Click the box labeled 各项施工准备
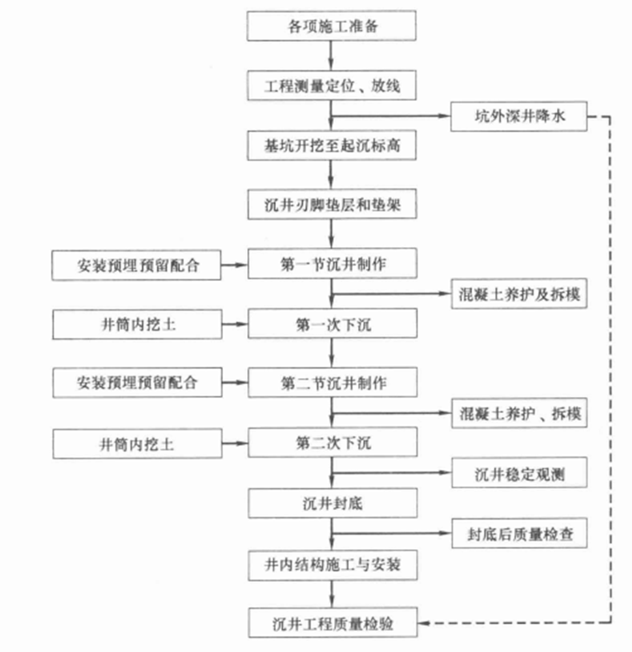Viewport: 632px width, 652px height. pyautogui.click(x=332, y=27)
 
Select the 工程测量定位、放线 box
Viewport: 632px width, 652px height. pyautogui.click(x=332, y=85)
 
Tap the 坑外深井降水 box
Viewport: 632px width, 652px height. pyautogui.click(x=519, y=117)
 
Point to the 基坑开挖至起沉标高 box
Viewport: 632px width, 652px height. pyautogui.click(x=332, y=145)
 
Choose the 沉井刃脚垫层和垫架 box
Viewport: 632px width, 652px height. pyautogui.click(x=332, y=205)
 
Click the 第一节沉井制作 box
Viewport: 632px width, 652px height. pyautogui.click(x=332, y=265)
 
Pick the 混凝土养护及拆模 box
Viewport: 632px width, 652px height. pyautogui.click(x=519, y=295)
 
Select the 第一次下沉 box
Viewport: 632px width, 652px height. pyautogui.click(x=332, y=324)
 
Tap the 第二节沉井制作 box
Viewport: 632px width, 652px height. pyautogui.click(x=332, y=383)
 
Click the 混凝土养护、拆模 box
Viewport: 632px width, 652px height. pyautogui.click(x=519, y=414)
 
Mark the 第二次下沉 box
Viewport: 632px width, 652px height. pyautogui.click(x=332, y=443)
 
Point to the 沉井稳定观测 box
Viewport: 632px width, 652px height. pyautogui.click(x=519, y=474)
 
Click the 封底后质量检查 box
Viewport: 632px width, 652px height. pyautogui.click(x=519, y=535)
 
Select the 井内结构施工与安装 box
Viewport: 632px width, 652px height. pyautogui.click(x=332, y=565)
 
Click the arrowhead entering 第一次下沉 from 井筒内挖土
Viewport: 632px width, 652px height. pyautogui.click(x=243, y=324)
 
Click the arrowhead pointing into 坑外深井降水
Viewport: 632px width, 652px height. pyautogui.click(x=446, y=117)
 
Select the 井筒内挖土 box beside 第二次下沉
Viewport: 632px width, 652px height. pyautogui.click(x=137, y=443)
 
